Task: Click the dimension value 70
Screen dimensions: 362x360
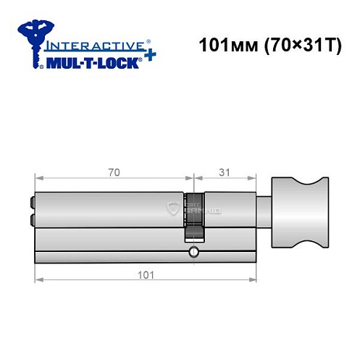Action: [114, 172]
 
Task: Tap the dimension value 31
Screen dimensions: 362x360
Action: [225, 172]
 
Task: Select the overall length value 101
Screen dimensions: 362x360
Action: [145, 274]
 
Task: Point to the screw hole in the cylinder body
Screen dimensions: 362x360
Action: [193, 253]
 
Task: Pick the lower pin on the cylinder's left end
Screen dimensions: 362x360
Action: [31, 217]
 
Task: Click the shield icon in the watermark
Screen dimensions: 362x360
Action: [173, 209]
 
